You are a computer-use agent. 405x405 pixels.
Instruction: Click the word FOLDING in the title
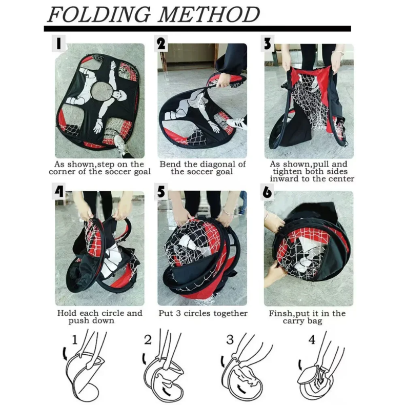99,14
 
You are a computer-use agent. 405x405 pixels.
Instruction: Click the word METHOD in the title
209,14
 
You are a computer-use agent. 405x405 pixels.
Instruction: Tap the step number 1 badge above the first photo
58,44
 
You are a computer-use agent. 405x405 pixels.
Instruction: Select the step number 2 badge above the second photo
160,44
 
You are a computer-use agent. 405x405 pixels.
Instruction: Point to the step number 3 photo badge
267,44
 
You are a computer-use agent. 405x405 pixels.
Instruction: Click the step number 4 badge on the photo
58,191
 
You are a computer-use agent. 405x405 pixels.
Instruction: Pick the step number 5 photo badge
160,191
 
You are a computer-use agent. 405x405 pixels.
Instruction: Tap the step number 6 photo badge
267,192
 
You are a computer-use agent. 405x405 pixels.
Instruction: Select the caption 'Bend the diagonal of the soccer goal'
202,168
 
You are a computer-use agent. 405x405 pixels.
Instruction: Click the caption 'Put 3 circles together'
203,313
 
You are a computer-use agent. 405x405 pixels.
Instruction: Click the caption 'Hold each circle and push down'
99,317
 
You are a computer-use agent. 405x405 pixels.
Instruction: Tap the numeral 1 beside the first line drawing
75,340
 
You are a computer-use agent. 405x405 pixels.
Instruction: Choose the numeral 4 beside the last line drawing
312,340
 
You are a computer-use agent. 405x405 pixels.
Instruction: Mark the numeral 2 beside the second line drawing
148,340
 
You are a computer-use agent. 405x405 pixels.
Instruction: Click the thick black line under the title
197,29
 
